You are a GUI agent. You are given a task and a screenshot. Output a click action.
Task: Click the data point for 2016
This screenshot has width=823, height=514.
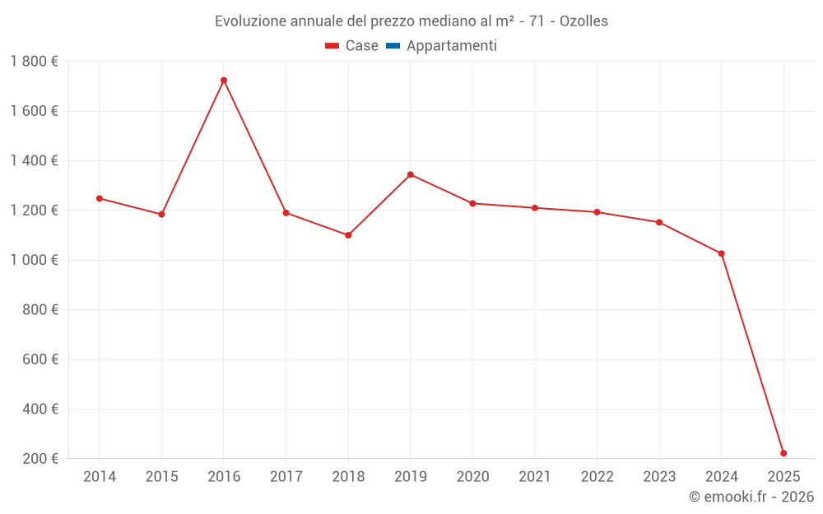coord(224,81)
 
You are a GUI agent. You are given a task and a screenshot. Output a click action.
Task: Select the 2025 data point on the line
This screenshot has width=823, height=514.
coord(783,453)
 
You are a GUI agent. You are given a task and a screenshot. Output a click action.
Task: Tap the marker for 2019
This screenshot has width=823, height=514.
coord(410,174)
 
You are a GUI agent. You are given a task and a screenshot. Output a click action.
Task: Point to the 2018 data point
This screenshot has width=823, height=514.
coord(348,235)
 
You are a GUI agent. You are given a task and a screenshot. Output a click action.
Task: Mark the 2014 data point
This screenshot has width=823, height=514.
coord(100,198)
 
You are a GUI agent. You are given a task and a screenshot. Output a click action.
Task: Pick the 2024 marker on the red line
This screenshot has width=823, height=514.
coord(721,253)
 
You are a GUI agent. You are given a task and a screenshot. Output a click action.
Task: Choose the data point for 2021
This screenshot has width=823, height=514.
coord(535,208)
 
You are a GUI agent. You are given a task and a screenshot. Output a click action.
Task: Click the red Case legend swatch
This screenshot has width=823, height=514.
coord(332,46)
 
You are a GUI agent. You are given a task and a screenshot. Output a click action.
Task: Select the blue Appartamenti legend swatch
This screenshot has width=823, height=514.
coord(393,46)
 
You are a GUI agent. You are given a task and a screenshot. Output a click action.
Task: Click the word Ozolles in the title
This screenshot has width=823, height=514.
coord(584,21)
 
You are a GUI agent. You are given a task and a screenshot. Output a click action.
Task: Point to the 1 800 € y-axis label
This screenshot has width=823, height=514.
coord(34,62)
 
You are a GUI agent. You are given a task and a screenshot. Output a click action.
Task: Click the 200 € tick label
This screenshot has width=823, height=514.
coord(40,459)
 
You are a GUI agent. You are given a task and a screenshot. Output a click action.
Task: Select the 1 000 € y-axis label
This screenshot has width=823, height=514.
coord(34,260)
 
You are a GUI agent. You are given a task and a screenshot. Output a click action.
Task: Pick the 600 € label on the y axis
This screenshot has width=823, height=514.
coord(40,359)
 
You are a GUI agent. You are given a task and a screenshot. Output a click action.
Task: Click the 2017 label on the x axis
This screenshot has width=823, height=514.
coord(286,477)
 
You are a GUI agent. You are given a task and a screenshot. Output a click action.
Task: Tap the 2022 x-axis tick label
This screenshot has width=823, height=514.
coord(597,477)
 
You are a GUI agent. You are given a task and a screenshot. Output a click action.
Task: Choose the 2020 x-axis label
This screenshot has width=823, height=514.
coord(472,477)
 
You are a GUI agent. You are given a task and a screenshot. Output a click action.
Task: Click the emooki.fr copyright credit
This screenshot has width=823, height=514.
coord(751,497)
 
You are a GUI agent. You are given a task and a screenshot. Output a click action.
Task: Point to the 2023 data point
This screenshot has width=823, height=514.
coord(659,222)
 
